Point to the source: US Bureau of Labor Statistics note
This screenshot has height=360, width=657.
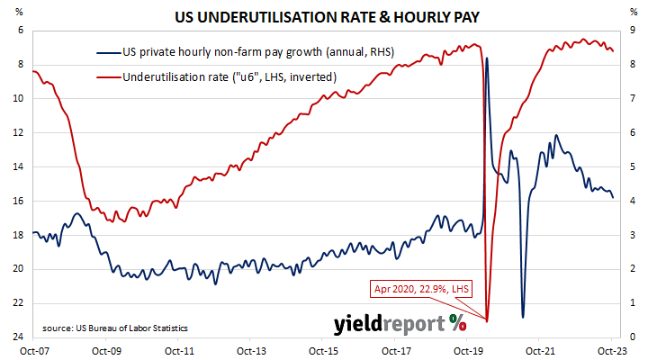(114, 327)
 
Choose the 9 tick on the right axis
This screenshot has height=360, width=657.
(634, 30)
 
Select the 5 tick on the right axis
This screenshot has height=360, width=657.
(634, 166)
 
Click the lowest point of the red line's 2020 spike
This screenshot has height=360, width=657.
(487, 319)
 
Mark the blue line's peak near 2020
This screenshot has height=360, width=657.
(487, 58)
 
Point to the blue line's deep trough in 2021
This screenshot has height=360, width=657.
(523, 317)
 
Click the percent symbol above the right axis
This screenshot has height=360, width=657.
(634, 13)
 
